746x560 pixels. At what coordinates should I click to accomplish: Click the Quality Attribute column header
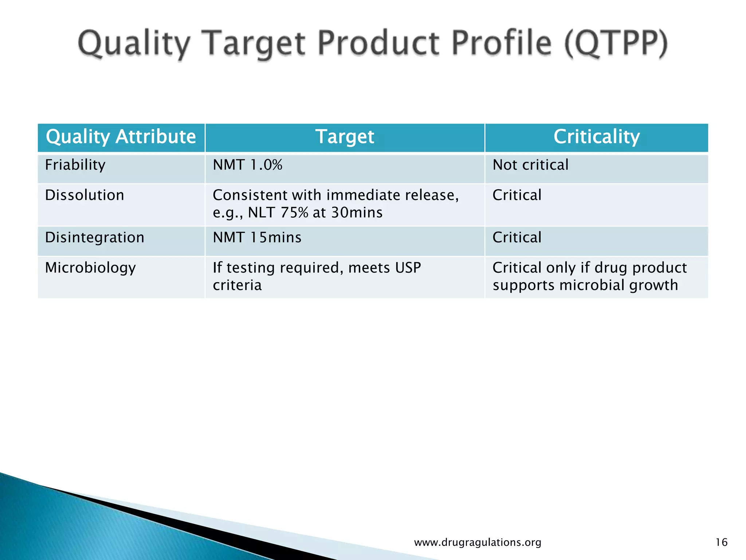click(121, 137)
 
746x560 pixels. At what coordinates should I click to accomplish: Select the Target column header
click(345, 137)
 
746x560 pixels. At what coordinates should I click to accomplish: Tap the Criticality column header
click(596, 137)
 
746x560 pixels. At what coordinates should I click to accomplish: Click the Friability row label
click(75, 165)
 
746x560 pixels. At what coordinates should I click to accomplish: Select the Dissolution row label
click(85, 195)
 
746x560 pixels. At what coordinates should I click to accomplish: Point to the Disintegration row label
click(95, 238)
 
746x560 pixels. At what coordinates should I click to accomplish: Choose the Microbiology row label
click(90, 268)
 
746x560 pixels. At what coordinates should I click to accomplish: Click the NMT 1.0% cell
click(247, 165)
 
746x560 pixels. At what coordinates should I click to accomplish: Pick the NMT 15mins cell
click(257, 238)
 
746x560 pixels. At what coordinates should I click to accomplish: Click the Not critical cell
click(530, 165)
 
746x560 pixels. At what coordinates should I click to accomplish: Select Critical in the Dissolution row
click(517, 195)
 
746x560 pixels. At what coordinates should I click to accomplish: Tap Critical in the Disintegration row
click(517, 238)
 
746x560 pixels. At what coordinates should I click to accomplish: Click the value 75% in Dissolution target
click(294, 213)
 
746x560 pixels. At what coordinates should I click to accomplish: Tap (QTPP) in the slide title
click(616, 44)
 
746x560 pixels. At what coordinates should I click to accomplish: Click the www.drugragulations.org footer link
click(478, 542)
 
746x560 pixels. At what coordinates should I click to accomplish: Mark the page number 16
click(721, 542)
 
